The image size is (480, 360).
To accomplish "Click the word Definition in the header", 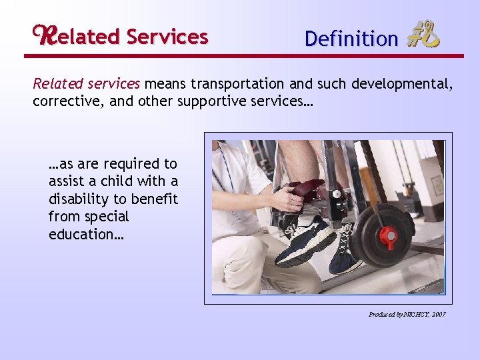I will point(351,39).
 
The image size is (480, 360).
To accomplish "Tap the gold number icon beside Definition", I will point(423,35).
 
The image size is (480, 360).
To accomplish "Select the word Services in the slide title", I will point(167,37).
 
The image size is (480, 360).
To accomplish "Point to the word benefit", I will point(156,199).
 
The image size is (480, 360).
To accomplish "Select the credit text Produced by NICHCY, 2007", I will point(407,314).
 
